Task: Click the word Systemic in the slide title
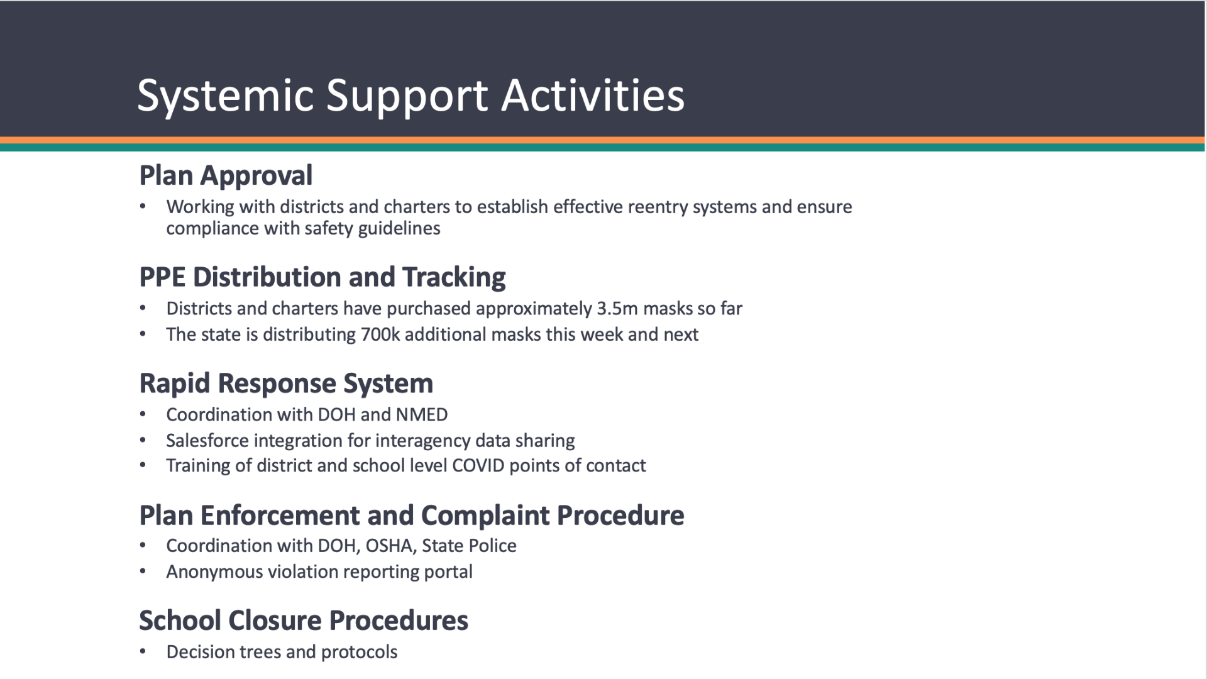[x=225, y=96]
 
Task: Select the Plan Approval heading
[x=226, y=175]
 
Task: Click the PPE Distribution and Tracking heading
[x=322, y=277]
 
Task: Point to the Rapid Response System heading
[x=286, y=384]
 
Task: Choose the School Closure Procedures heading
[x=304, y=621]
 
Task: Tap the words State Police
[x=469, y=546]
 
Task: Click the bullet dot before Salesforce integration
[x=143, y=440]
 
